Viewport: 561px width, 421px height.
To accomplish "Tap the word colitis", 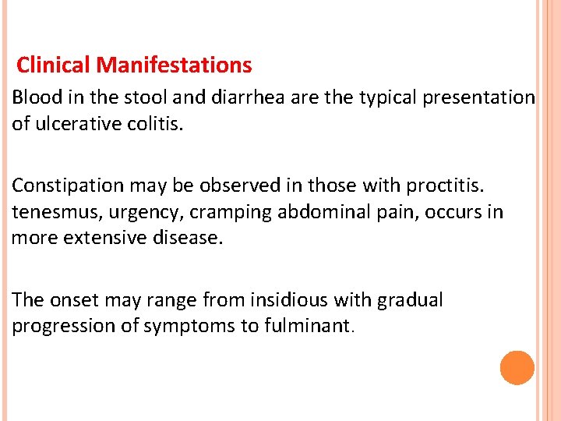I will (x=157, y=123).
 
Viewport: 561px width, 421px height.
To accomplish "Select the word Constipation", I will (x=68, y=186).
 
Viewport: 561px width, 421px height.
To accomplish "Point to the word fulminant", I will (x=308, y=325).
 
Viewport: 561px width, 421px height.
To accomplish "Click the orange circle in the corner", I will (x=517, y=367).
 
